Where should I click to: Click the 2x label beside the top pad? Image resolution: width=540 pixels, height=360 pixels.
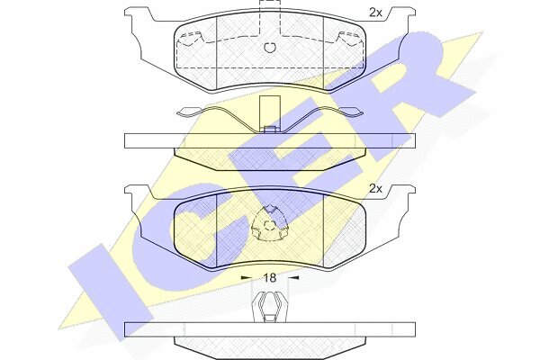tap(375, 13)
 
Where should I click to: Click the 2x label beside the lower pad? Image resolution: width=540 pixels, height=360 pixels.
tap(375, 189)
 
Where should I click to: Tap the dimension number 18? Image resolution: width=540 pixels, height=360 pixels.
tap(270, 278)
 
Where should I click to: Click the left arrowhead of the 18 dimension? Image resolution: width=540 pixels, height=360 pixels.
tap(246, 277)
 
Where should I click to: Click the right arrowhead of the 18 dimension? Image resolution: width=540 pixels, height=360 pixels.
tap(293, 277)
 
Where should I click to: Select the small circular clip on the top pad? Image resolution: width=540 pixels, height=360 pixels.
tap(270, 48)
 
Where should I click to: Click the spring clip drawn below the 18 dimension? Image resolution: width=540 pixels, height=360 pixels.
tap(270, 307)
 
